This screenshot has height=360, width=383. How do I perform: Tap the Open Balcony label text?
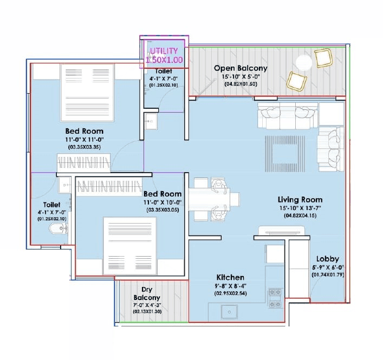(x=241, y=68)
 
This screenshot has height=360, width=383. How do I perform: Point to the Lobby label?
(x=327, y=259)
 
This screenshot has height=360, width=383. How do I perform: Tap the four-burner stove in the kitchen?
(x=275, y=296)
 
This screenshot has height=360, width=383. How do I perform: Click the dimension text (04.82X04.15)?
(x=300, y=216)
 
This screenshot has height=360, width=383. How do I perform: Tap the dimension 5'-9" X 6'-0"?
(x=327, y=267)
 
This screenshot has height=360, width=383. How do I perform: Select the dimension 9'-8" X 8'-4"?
(x=230, y=286)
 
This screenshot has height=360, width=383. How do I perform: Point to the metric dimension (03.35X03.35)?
(x=85, y=147)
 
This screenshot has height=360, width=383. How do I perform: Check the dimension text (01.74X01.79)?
(x=327, y=275)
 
